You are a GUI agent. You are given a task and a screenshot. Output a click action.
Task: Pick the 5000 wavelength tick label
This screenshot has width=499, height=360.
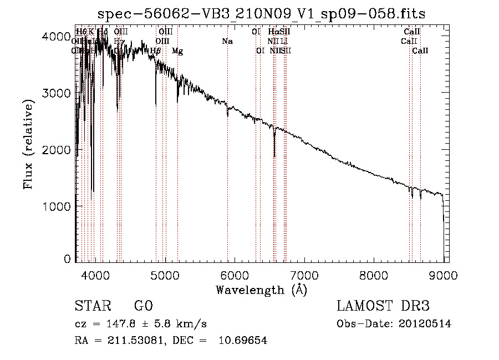[x=165, y=274]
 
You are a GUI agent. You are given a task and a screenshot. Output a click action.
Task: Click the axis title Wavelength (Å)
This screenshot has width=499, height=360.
[x=261, y=290]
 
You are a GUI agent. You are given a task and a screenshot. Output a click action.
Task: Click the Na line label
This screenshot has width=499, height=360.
[x=227, y=41]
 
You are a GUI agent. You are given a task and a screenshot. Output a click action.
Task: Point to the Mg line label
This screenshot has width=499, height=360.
[x=177, y=51]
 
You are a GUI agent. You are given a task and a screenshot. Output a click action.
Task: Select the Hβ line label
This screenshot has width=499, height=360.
[x=156, y=51]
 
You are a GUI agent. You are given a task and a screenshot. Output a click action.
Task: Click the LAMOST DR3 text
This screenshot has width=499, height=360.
[x=383, y=307]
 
